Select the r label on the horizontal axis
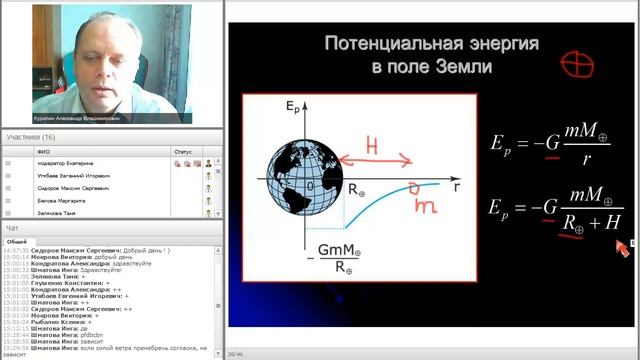pyautogui.click(x=456, y=185)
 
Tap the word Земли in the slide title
pyautogui.click(x=471, y=68)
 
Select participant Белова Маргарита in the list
pyautogui.click(x=59, y=200)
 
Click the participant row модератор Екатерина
pyautogui.click(x=65, y=162)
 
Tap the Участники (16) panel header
pyautogui.click(x=31, y=137)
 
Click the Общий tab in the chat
pyautogui.click(x=17, y=242)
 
